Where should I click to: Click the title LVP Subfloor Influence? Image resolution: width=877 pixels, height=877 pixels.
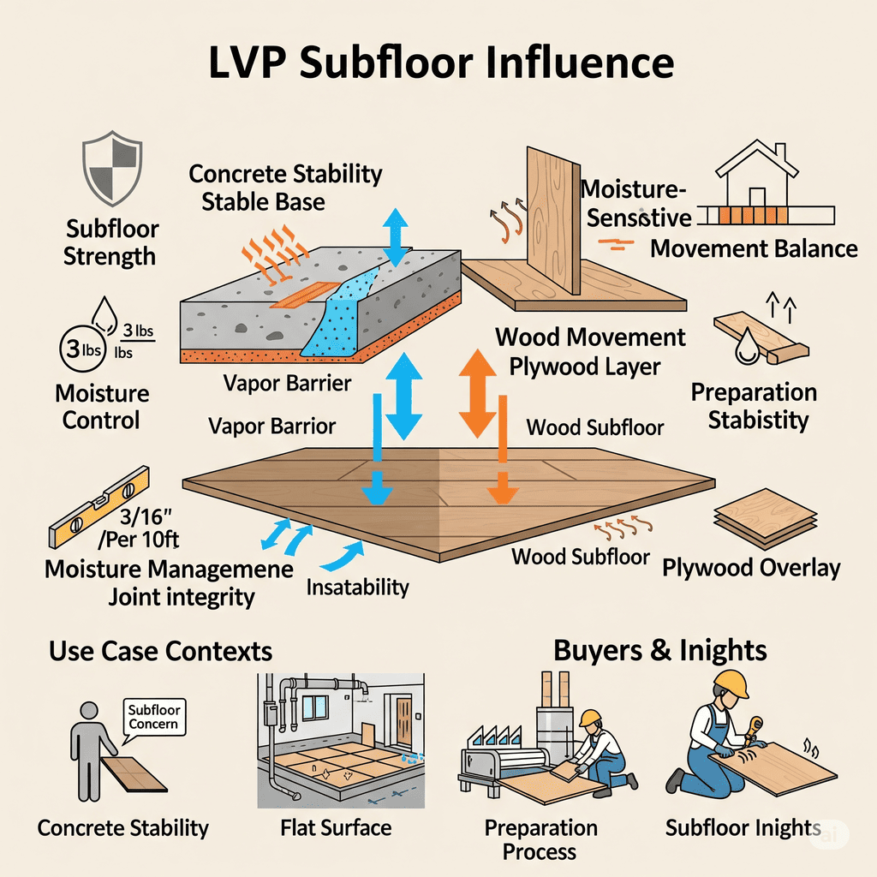click(x=438, y=64)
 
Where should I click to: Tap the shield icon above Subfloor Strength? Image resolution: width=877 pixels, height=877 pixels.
click(x=109, y=165)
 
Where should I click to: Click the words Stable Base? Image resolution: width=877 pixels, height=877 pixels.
click(x=263, y=202)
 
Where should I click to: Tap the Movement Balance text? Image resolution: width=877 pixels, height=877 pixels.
click(x=754, y=248)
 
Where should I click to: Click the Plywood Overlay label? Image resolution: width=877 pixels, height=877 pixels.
click(x=751, y=568)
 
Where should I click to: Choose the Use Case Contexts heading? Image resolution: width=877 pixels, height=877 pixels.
click(x=160, y=651)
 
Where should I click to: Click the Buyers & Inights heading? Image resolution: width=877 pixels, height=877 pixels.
click(x=659, y=650)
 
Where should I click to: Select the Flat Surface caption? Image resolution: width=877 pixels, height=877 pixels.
click(x=336, y=828)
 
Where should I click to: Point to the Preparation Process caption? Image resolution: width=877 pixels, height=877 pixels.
click(x=540, y=839)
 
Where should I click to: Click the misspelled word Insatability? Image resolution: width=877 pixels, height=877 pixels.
click(x=357, y=588)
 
